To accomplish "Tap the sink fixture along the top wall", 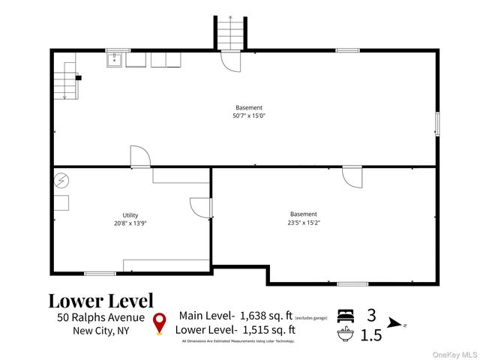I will pyautogui.click(x=115, y=59).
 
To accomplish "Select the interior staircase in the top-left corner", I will pyautogui.click(x=65, y=80).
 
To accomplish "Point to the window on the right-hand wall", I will pyautogui.click(x=437, y=124).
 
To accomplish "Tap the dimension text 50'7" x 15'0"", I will pyautogui.click(x=249, y=116).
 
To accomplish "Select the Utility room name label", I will pyautogui.click(x=130, y=215).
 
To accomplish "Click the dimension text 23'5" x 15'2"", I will pyautogui.click(x=303, y=222).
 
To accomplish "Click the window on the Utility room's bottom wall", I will pyautogui.click(x=100, y=273).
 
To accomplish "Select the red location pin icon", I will pyautogui.click(x=159, y=322).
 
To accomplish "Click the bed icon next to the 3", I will pyautogui.click(x=345, y=315).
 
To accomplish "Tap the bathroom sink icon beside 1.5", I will pyautogui.click(x=345, y=334).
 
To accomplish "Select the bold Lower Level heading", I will pyautogui.click(x=100, y=301).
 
